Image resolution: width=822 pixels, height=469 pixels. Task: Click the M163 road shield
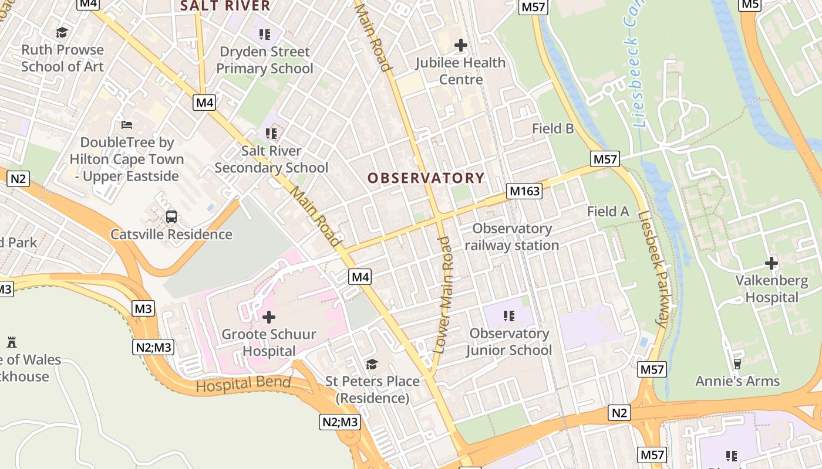coord(524,191)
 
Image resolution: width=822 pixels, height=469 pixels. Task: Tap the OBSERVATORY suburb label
coord(426,178)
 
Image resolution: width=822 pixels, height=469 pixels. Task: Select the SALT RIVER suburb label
coord(225,6)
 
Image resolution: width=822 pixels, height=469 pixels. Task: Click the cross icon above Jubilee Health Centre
coord(461,45)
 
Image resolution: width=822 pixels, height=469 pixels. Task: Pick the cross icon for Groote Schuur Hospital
coord(269,317)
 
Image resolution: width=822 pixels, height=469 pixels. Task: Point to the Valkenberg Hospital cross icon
coord(772,263)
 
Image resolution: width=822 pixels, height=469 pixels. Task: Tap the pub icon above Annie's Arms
coord(737,364)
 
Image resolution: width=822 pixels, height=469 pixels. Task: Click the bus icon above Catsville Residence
coord(171,217)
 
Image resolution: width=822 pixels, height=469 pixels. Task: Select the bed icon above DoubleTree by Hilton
coord(127,124)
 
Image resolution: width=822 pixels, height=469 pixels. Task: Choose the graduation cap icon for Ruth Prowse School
coord(62,32)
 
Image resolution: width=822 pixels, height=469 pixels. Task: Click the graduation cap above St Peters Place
coord(372,365)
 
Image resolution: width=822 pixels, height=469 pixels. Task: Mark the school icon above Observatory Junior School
coord(509,317)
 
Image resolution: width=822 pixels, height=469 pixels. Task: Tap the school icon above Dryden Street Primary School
coord(265,35)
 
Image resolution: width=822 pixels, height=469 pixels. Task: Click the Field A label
coord(608,212)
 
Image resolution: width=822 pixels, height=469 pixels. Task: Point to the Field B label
coord(553,128)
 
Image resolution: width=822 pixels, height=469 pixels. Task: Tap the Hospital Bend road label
coord(243,385)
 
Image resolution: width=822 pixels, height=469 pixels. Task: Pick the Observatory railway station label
coord(512,237)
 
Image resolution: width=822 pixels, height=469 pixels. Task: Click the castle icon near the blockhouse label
coord(12,342)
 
